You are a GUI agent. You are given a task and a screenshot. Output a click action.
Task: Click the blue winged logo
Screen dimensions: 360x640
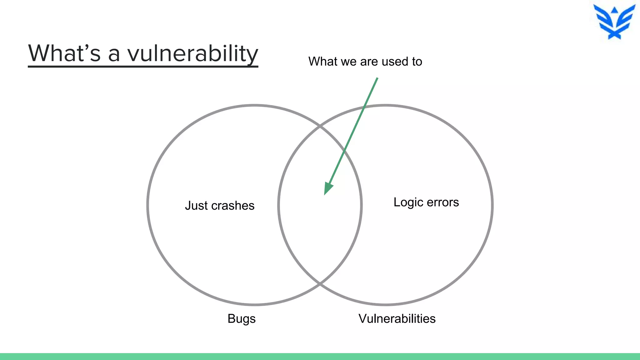[614, 22]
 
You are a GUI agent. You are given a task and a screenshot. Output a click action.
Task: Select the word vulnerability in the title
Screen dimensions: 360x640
[192, 54]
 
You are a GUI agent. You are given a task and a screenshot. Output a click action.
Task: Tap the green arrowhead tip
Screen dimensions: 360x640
[325, 194]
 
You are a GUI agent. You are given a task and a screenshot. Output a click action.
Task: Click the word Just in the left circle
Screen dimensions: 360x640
[196, 206]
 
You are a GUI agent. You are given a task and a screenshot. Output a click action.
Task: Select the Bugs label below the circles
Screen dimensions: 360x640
[242, 319]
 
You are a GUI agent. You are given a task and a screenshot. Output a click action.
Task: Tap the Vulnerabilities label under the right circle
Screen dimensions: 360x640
[397, 319]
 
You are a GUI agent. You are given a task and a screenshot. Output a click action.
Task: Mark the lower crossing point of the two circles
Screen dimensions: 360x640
[320, 284]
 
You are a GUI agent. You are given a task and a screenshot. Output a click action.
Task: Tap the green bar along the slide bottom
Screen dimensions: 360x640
[320, 357]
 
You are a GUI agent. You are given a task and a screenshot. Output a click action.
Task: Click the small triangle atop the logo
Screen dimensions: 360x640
[614, 10]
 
